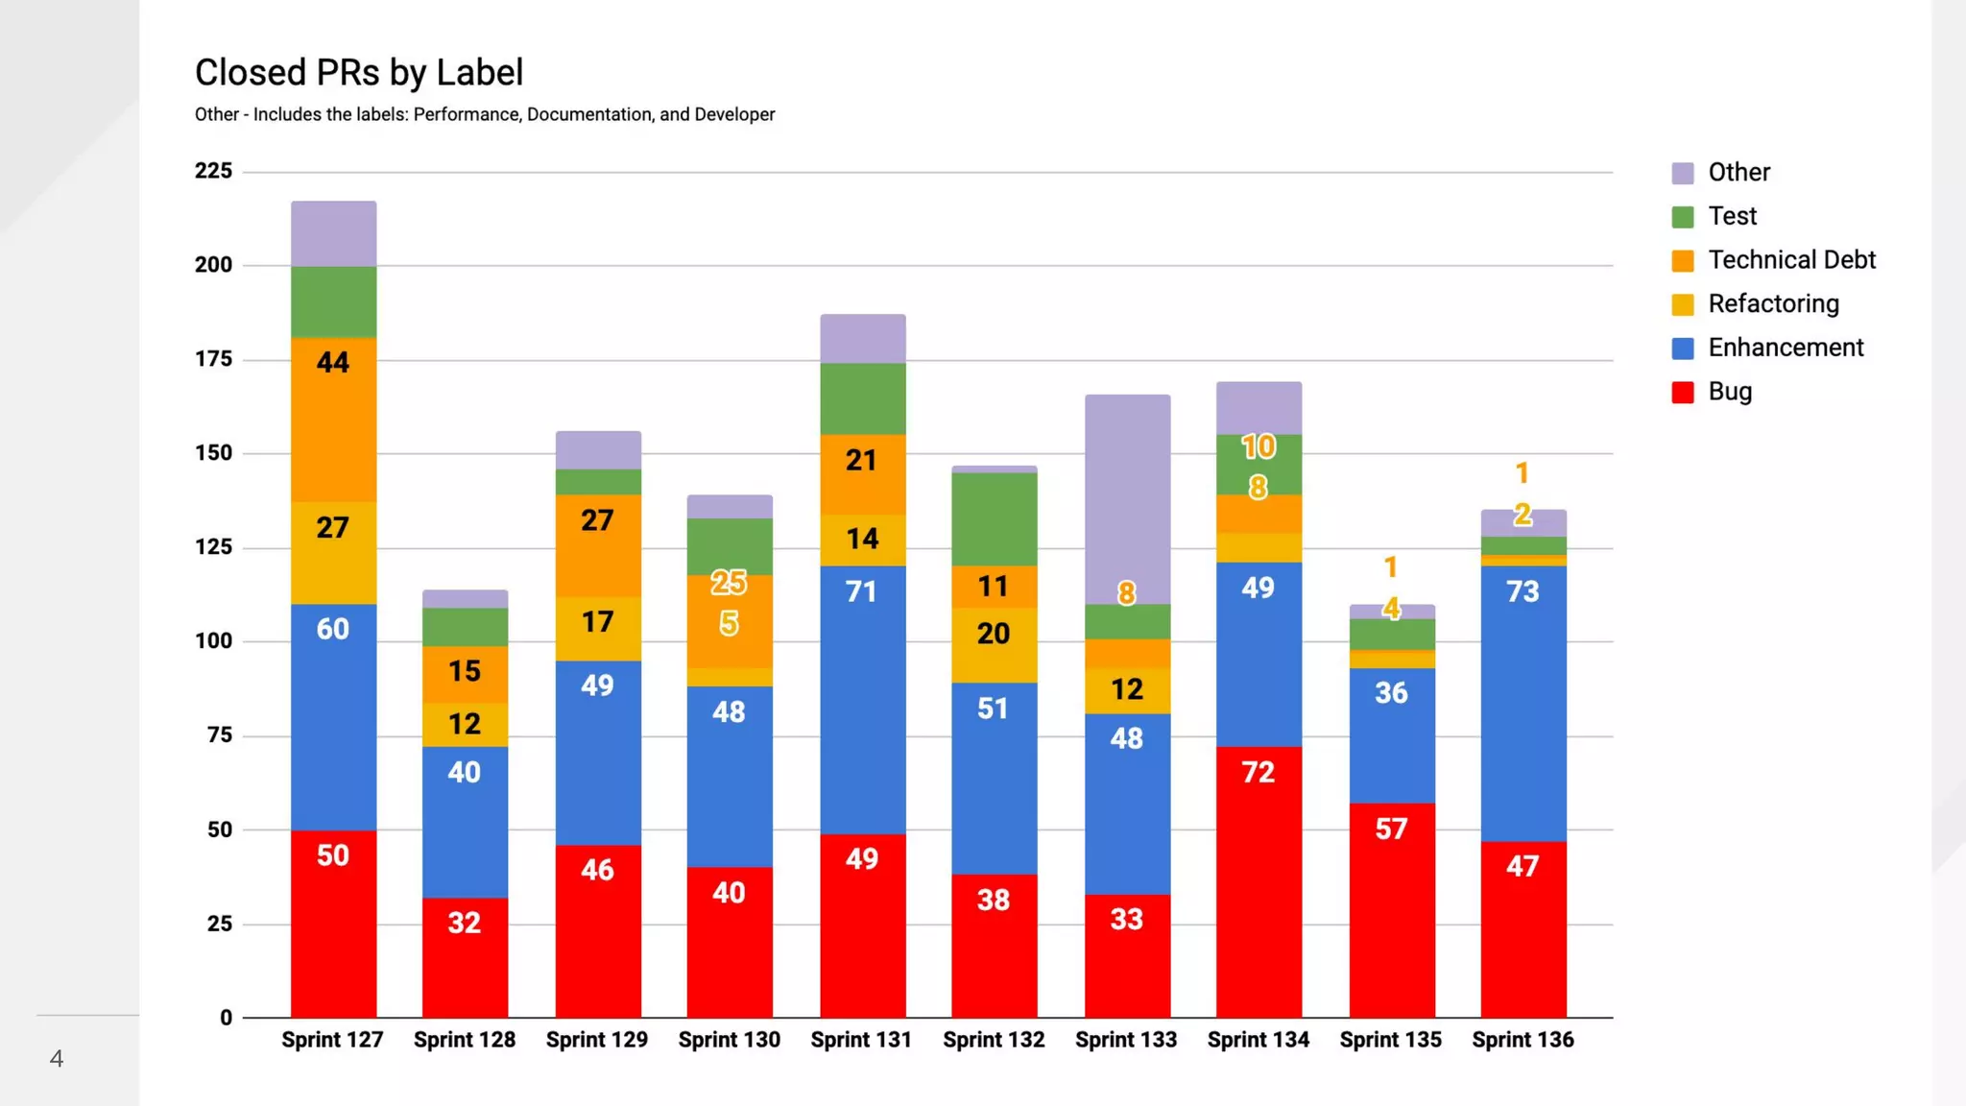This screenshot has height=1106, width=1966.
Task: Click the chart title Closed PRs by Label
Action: click(359, 73)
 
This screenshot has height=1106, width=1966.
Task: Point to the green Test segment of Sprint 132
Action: click(994, 518)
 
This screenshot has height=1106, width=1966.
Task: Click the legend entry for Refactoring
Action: click(1773, 304)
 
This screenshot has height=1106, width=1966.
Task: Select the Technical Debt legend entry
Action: click(1790, 260)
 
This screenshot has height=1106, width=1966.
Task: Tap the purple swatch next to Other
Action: click(1683, 173)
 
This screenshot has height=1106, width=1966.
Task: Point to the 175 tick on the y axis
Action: click(213, 359)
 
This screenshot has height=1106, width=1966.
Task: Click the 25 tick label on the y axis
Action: click(220, 924)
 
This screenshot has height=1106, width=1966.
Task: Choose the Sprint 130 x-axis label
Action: click(729, 1040)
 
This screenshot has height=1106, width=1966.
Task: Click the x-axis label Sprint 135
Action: click(1390, 1040)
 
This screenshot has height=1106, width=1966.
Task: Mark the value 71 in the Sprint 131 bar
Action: click(861, 591)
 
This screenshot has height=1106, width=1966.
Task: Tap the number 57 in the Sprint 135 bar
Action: click(1391, 829)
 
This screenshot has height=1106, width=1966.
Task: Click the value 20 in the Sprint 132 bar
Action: click(994, 634)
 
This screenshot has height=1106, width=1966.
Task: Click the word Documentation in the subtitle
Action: click(588, 114)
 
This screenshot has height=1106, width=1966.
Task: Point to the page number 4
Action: click(57, 1059)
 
